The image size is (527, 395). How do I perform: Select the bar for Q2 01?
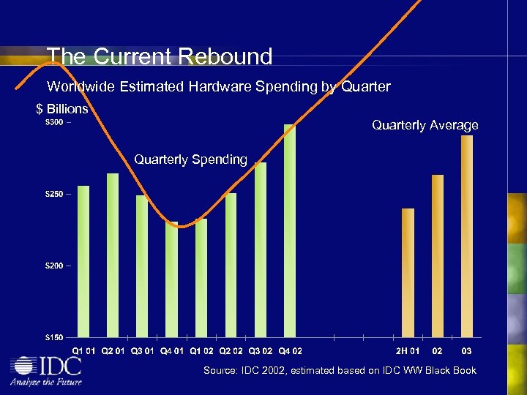click(x=113, y=255)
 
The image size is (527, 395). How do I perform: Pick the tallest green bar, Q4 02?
click(x=290, y=230)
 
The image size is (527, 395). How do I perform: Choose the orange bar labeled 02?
click(x=438, y=256)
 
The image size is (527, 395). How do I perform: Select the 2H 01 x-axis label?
click(x=408, y=350)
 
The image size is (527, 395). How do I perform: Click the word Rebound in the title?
click(x=227, y=56)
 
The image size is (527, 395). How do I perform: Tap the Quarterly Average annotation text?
click(x=425, y=125)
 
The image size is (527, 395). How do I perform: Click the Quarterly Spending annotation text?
click(x=190, y=159)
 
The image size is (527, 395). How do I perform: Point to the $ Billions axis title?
click(x=62, y=109)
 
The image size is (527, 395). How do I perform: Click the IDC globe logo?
click(x=25, y=366)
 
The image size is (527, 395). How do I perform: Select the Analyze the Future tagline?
click(x=45, y=381)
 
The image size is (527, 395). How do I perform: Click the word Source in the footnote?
click(x=220, y=370)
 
